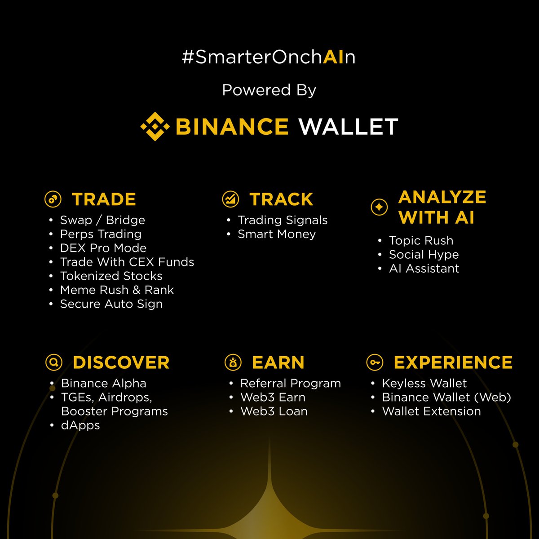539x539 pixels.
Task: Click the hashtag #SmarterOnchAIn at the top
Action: (269, 57)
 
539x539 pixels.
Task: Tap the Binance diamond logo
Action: (155, 127)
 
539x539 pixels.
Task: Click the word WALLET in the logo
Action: (348, 127)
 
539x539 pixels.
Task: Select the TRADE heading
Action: (104, 199)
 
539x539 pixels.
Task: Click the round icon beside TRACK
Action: (231, 199)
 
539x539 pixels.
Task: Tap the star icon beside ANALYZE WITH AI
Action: (379, 207)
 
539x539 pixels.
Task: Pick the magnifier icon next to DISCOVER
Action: (54, 362)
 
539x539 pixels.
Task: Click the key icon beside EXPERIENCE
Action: (375, 362)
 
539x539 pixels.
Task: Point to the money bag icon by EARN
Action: (233, 362)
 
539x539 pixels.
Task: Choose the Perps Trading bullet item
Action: (101, 234)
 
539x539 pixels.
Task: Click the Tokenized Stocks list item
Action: (111, 276)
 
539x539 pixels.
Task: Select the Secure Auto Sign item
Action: (111, 304)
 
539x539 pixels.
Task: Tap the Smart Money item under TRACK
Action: (277, 234)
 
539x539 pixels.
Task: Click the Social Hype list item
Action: (424, 255)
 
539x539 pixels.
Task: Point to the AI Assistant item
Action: (424, 269)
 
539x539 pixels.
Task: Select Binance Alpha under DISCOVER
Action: (103, 383)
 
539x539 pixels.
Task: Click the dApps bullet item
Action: (80, 425)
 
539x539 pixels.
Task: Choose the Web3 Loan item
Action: (274, 411)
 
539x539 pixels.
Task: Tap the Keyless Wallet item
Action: (424, 383)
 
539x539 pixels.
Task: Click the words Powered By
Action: (269, 90)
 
